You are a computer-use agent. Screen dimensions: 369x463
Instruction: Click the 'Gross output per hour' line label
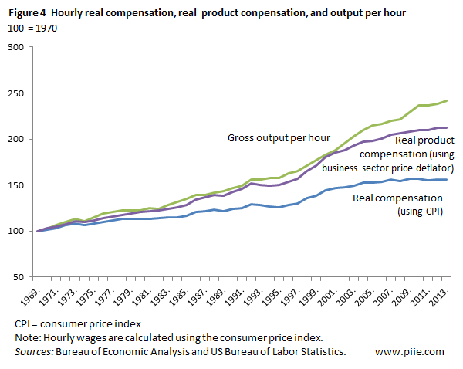click(279, 138)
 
